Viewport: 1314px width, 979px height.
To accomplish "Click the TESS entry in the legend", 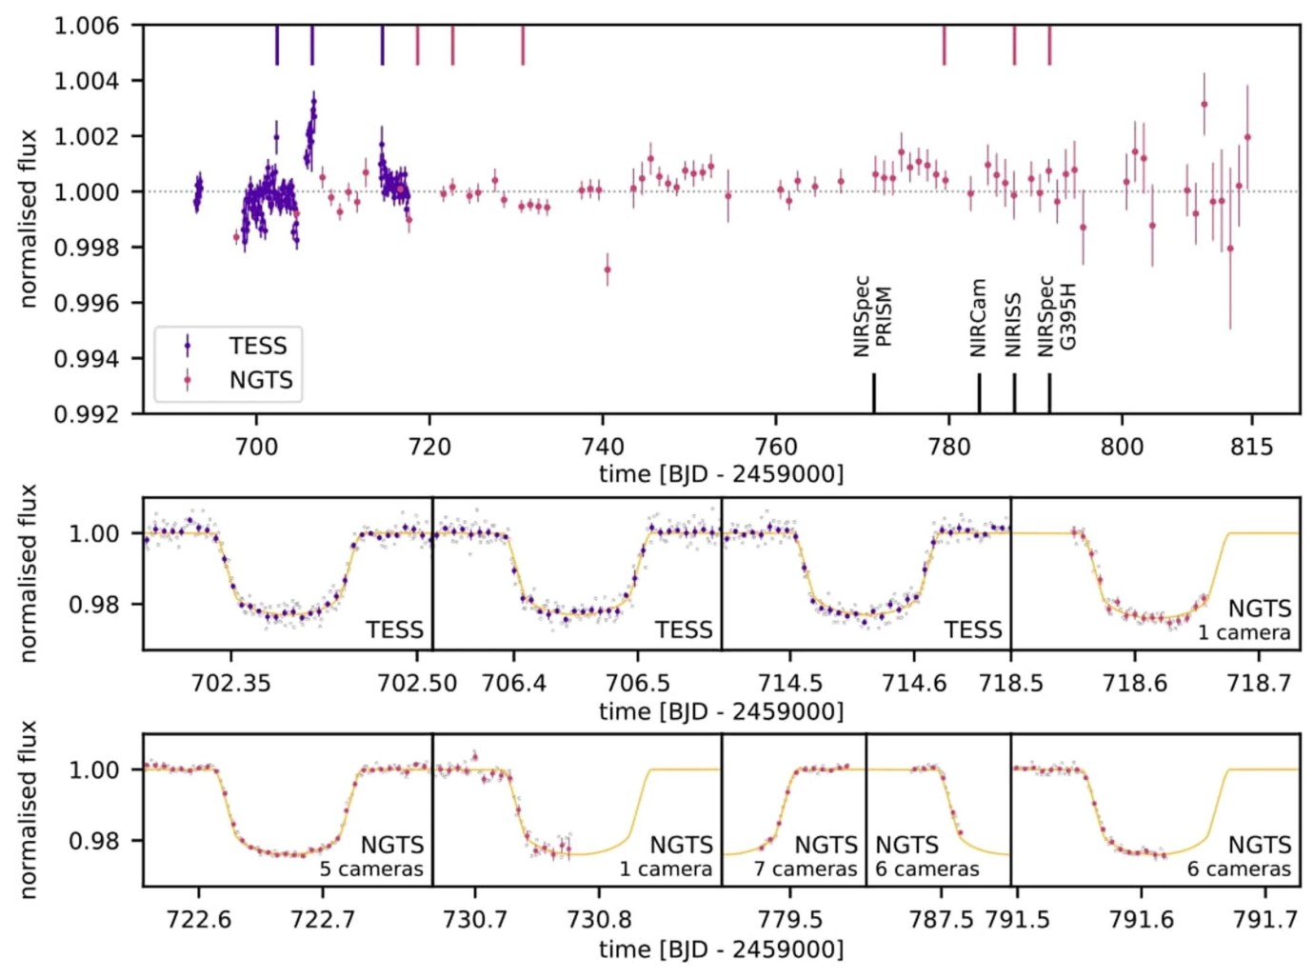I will point(257,346).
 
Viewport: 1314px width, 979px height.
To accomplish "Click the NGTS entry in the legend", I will point(260,380).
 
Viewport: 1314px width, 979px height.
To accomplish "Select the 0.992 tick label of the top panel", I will point(87,414).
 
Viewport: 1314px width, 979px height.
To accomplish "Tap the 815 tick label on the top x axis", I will point(1250,447).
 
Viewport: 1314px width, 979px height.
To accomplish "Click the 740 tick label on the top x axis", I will point(603,447).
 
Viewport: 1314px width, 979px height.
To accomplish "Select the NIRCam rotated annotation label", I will point(978,318).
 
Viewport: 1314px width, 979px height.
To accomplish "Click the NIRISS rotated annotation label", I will point(1013,325).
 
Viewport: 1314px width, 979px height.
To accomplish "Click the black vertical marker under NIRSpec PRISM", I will point(874,393).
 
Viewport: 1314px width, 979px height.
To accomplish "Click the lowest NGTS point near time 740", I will point(607,270).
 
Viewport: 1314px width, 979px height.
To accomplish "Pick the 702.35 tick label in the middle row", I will point(230,684).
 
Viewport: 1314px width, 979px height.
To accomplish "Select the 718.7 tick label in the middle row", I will point(1259,684).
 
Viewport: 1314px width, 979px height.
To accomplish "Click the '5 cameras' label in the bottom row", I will point(371,869).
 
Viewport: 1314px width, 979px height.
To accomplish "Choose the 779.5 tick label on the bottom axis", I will point(789,920).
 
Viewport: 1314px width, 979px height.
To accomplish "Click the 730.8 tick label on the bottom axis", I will point(599,920).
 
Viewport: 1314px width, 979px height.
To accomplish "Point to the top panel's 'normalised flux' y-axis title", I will point(29,219).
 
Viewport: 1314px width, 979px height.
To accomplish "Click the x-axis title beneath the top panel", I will point(721,473).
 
